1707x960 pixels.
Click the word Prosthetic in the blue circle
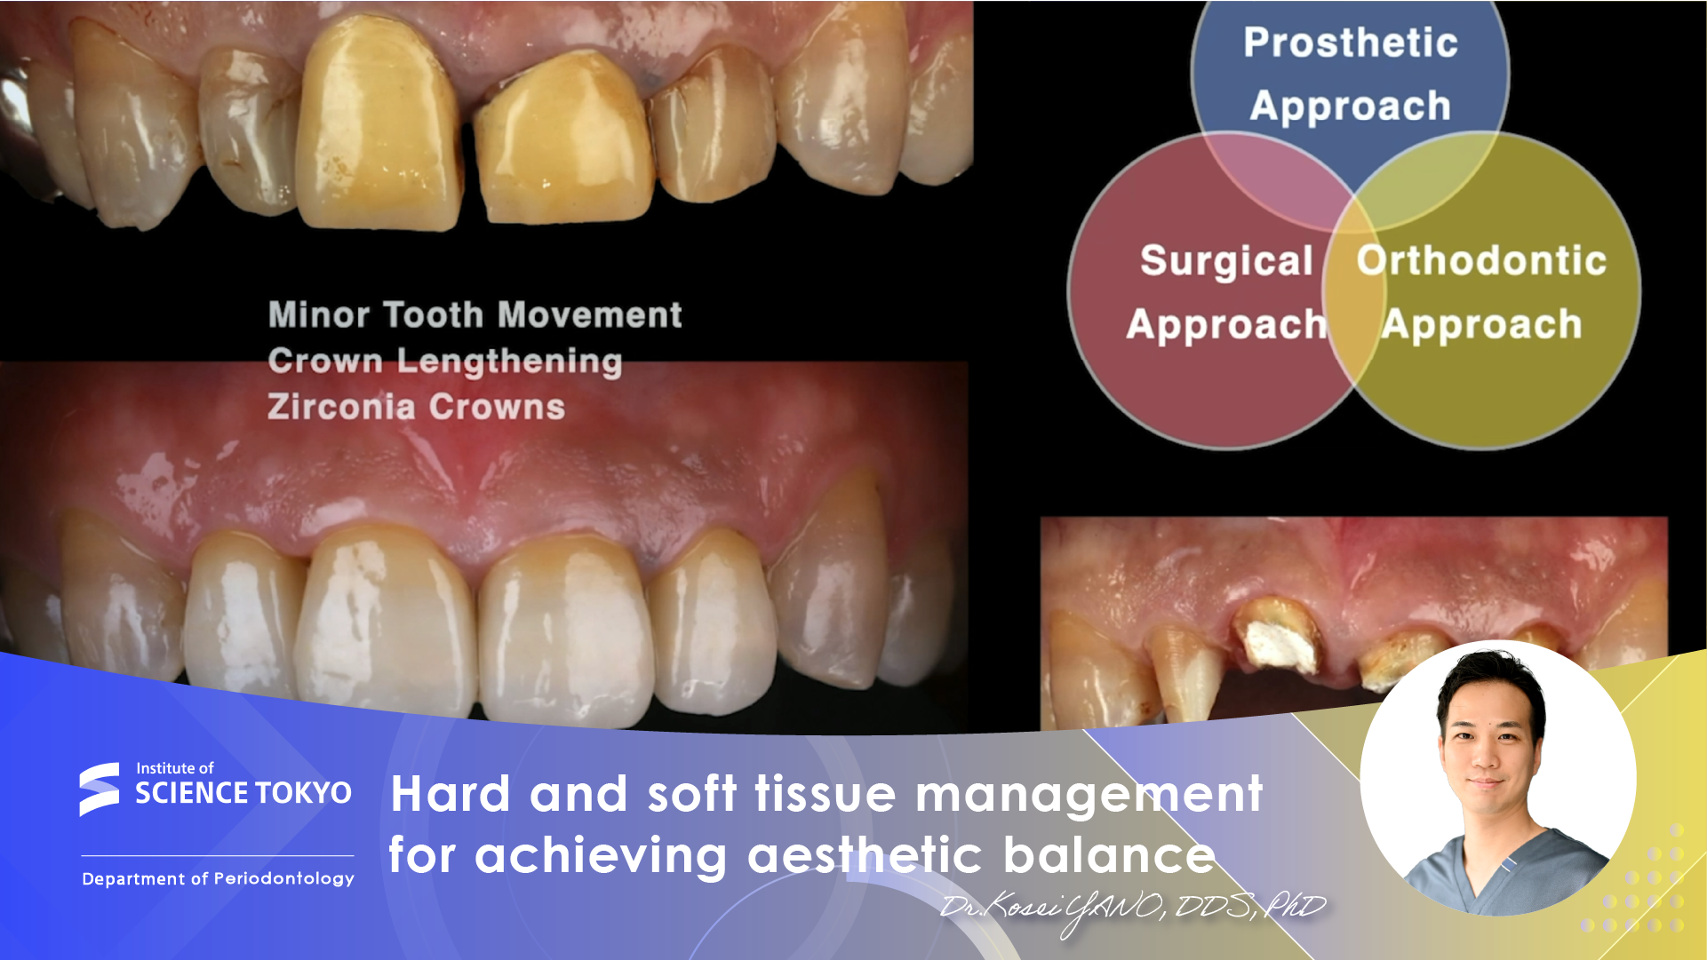tap(1350, 42)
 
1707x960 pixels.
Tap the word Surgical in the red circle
tap(1226, 261)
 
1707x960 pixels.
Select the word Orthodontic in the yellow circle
tap(1481, 260)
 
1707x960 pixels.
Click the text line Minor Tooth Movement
tap(475, 314)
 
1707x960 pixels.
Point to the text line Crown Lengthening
tap(445, 361)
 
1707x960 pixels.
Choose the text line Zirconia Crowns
tap(416, 407)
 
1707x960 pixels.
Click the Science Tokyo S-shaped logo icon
tap(99, 789)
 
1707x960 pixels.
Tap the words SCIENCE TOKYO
tap(243, 792)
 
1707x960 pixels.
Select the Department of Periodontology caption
tap(218, 878)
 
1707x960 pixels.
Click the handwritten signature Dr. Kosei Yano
tap(1133, 908)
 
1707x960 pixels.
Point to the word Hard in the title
tap(451, 793)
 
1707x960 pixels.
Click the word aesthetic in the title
tap(865, 855)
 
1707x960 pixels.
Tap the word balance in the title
tap(1109, 855)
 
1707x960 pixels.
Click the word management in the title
tap(1089, 794)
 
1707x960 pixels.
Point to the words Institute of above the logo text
tap(175, 768)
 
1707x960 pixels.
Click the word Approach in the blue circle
tap(1350, 107)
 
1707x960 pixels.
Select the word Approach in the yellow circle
tap(1481, 325)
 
